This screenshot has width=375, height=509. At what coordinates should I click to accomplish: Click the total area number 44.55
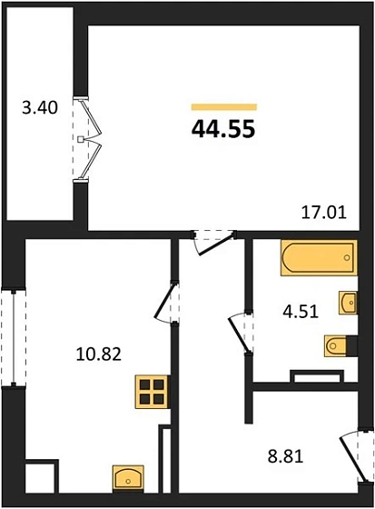(223, 128)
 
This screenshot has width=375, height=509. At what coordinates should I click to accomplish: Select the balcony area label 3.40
(40, 108)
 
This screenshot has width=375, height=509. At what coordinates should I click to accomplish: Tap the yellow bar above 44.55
(223, 106)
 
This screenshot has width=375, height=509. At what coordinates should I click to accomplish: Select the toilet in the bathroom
(336, 345)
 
